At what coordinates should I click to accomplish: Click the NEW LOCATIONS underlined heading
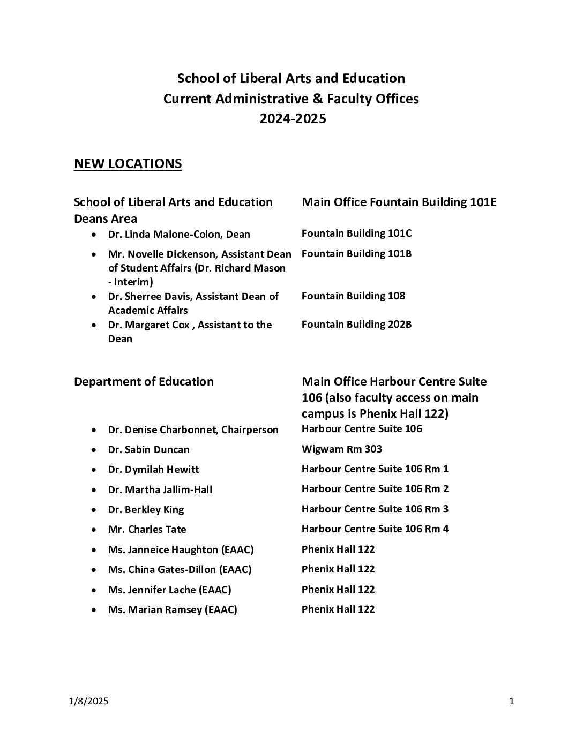(128, 164)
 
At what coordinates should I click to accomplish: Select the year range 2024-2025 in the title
(293, 118)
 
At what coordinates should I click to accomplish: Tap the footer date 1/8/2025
(88, 702)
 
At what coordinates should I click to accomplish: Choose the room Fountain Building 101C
(356, 233)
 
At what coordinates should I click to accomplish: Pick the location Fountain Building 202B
(356, 324)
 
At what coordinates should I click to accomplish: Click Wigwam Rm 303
(342, 449)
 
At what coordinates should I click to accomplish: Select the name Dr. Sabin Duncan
(148, 450)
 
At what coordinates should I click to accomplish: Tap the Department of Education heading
(144, 381)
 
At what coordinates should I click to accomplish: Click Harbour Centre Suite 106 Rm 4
(375, 529)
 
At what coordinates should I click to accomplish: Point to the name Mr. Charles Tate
(147, 530)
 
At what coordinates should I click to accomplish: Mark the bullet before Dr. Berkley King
(94, 510)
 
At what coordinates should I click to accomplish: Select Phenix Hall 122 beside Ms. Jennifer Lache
(338, 589)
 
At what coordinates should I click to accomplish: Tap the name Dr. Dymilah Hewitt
(153, 470)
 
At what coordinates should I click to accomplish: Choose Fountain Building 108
(353, 296)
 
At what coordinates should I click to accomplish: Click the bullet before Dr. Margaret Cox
(94, 325)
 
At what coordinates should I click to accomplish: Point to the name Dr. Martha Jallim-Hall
(160, 489)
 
